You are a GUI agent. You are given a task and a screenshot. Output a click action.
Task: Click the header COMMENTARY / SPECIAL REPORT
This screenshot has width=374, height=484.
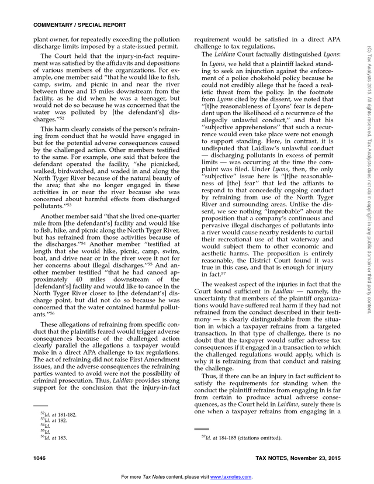71,25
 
